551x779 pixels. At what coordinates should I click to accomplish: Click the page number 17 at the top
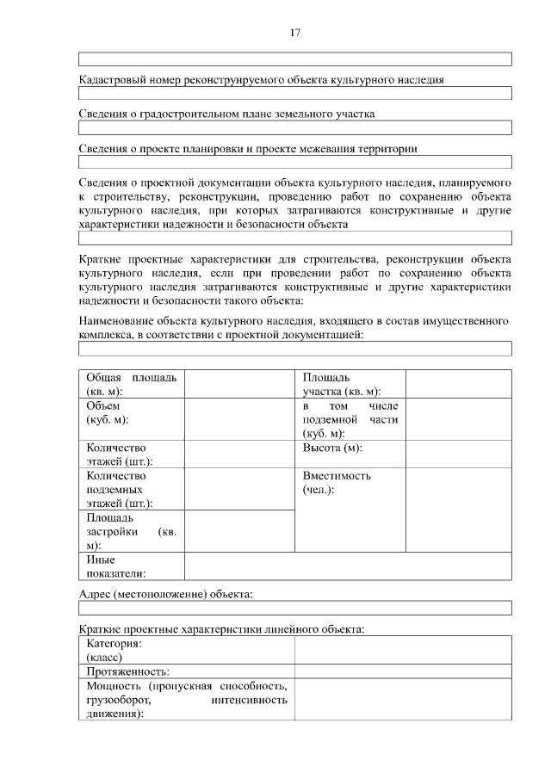click(294, 34)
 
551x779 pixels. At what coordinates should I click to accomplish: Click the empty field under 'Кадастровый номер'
click(294, 93)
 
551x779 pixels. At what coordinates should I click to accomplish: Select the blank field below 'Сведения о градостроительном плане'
click(294, 127)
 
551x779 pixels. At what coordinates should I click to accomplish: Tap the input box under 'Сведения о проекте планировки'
click(294, 162)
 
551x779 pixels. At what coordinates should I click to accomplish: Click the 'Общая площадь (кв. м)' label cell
click(132, 384)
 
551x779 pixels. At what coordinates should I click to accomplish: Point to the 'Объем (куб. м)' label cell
click(132, 419)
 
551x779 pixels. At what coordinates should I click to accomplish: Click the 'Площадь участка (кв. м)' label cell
click(350, 384)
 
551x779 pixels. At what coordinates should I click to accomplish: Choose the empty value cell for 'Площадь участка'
click(458, 384)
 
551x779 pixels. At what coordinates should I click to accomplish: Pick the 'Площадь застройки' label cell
click(132, 532)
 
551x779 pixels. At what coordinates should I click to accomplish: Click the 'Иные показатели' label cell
click(132, 566)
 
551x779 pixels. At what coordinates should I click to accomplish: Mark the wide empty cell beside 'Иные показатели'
click(348, 566)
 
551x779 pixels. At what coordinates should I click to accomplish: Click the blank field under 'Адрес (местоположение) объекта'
click(294, 608)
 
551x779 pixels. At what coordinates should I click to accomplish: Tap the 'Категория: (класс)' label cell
click(187, 650)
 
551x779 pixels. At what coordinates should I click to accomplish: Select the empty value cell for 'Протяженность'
click(403, 671)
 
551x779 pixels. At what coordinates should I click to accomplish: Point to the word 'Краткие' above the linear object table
click(100, 629)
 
